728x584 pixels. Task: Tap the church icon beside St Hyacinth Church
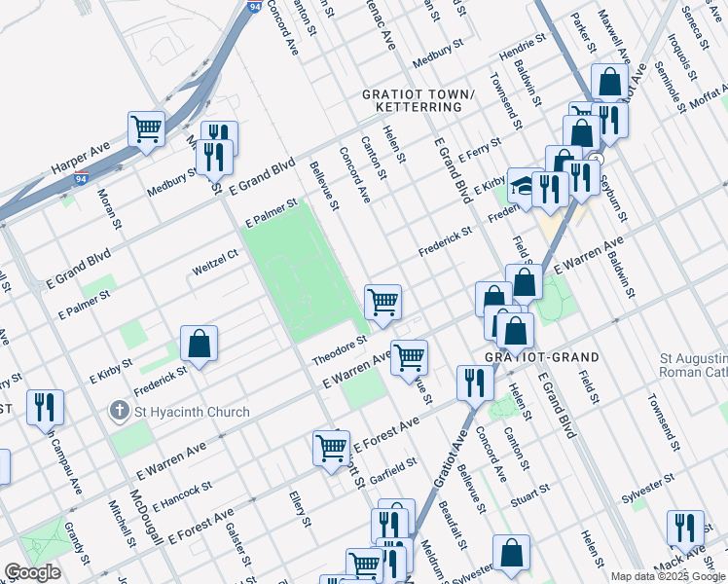119,412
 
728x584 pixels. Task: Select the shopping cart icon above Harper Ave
146,128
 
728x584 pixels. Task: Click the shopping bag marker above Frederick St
199,344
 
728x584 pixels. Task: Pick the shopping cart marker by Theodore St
383,302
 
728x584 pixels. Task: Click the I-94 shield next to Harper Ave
82,179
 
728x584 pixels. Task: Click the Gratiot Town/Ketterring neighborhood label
417,100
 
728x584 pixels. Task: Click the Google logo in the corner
32,572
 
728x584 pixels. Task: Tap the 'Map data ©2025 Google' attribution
667,576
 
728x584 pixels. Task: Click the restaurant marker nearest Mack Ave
685,529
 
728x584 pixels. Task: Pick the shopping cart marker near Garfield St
331,448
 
